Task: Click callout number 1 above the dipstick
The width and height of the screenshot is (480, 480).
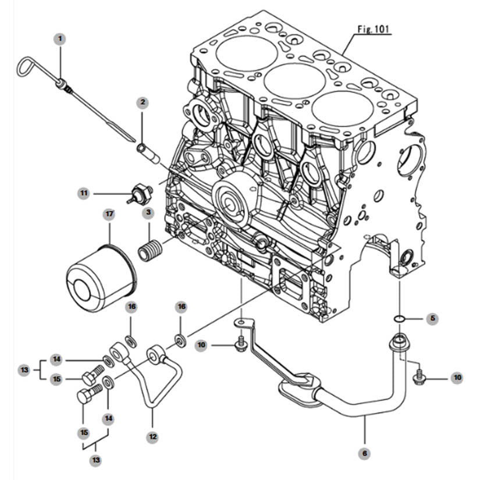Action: pos(61,39)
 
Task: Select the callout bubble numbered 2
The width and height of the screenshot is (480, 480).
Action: pos(143,102)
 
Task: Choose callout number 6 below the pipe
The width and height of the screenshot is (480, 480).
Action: pos(365,451)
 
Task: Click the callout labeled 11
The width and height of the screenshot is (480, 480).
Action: pos(84,192)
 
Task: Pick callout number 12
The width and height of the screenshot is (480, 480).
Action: pos(153,435)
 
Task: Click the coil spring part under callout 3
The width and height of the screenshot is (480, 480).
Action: pos(151,251)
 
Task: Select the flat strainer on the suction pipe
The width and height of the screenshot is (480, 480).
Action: pos(298,388)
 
